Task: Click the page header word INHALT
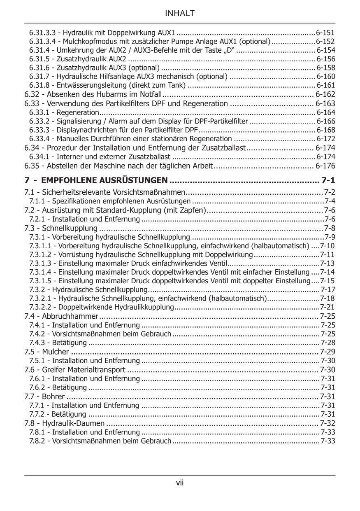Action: (179, 14)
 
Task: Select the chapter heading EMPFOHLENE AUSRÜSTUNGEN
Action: (105, 180)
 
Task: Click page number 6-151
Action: (325, 32)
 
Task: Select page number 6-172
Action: (326, 139)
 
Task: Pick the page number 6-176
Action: (325, 166)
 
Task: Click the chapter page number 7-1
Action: (328, 180)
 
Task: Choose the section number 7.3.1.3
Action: (41, 264)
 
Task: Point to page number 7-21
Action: (327, 307)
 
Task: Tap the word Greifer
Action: (53, 370)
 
